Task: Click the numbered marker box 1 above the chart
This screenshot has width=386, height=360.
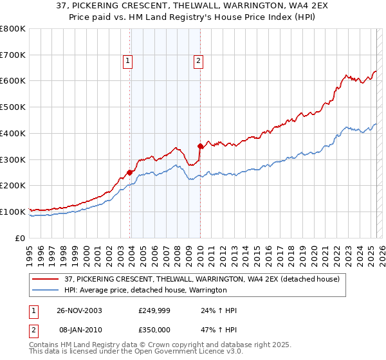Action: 128,61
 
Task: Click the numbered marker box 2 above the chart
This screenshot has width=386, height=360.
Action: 198,61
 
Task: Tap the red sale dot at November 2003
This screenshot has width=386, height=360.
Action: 130,172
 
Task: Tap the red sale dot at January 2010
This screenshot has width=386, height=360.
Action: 200,145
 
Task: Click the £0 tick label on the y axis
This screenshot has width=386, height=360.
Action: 21,238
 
